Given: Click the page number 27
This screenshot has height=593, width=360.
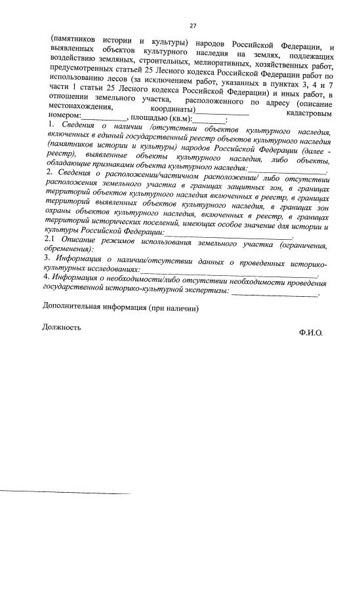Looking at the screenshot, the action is pyautogui.click(x=192, y=26).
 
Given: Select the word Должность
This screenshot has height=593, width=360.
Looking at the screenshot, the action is pyautogui.click(x=62, y=327).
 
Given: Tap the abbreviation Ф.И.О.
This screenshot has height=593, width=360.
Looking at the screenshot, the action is pyautogui.click(x=310, y=332).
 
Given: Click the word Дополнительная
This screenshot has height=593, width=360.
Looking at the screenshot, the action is pyautogui.click(x=75, y=307).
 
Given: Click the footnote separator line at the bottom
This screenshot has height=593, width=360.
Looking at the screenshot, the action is pyautogui.click(x=66, y=493).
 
